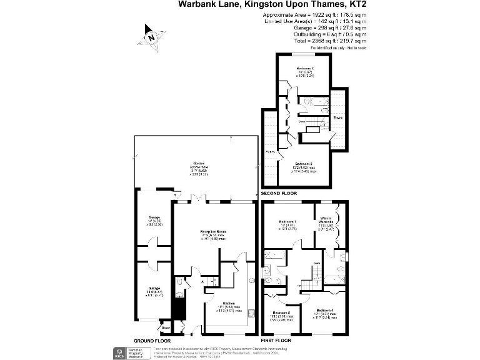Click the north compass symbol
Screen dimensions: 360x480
coord(150,37)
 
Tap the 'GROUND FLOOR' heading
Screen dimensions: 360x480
coord(152,340)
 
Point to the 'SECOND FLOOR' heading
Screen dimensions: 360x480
coord(279,194)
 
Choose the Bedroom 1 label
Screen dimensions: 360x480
coord(287,222)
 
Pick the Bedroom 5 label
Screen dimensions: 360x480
coord(282,312)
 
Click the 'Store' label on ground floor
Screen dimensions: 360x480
coord(166,327)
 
